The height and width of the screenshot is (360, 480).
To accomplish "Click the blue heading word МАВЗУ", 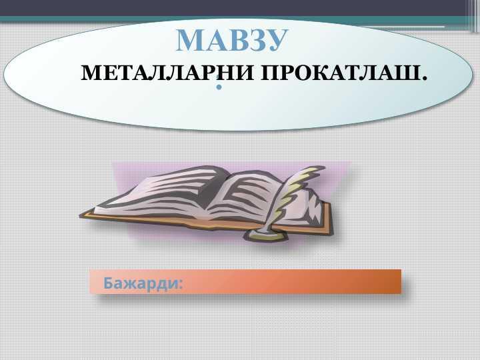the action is click(232, 40).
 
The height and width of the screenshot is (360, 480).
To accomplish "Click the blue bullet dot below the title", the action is click(219, 87).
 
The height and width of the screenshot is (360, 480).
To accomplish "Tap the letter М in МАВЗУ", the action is click(189, 40).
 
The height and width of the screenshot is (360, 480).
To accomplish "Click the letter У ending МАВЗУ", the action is click(277, 40).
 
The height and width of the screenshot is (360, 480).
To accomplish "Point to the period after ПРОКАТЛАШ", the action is click(424, 79).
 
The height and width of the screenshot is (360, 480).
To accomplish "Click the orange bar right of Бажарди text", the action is click(293, 281).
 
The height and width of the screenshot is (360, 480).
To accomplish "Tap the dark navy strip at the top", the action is click(233, 7).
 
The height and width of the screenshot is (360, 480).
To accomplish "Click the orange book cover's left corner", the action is click(81, 216).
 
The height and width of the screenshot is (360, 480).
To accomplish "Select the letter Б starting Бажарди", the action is click(108, 283).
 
